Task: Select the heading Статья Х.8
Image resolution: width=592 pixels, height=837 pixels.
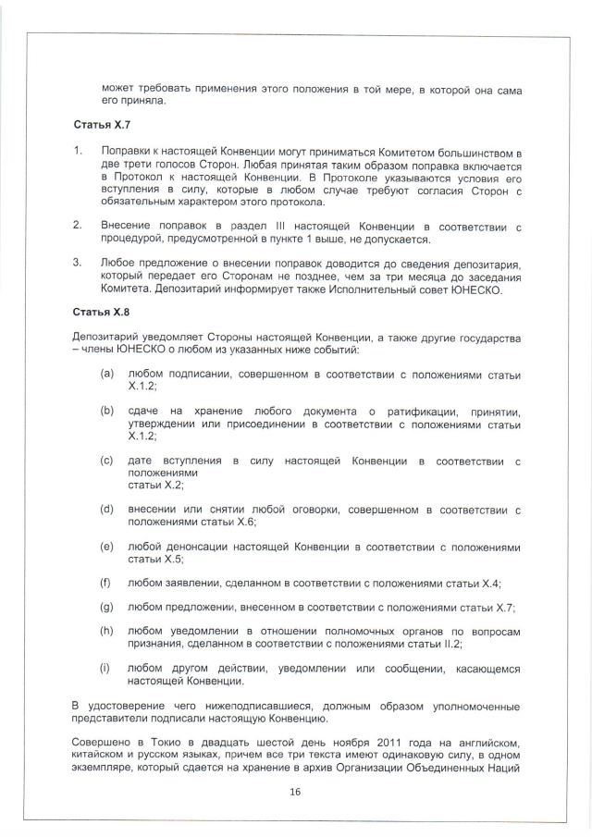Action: point(97,313)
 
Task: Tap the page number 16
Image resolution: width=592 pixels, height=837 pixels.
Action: point(296,792)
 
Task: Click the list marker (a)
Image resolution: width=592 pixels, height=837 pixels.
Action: point(107,373)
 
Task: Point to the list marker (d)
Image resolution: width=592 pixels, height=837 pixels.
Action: point(107,509)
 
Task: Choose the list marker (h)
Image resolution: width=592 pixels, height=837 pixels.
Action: point(107,631)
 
